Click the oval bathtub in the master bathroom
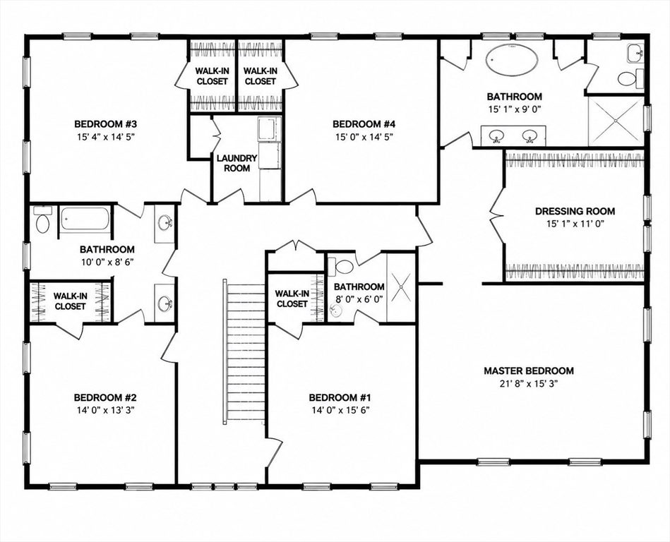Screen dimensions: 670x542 (512, 60)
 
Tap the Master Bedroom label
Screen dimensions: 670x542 (529, 371)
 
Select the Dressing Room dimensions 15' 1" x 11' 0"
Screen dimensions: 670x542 (575, 224)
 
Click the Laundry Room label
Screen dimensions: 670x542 (237, 163)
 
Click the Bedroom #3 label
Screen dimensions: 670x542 (105, 124)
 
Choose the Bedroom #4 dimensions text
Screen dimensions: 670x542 (364, 137)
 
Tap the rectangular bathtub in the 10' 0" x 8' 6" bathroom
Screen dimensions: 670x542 (85, 219)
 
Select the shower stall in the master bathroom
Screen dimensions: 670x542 (616, 121)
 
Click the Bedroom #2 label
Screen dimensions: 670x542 (105, 397)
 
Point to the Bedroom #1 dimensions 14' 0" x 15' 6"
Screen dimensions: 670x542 (340, 410)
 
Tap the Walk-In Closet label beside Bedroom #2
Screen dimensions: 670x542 (71, 301)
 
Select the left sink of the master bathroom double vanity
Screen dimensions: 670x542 (496, 135)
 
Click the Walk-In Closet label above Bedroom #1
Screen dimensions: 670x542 (292, 299)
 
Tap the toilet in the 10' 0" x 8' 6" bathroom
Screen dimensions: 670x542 (42, 220)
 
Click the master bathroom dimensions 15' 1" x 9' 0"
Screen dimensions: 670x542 (515, 109)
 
